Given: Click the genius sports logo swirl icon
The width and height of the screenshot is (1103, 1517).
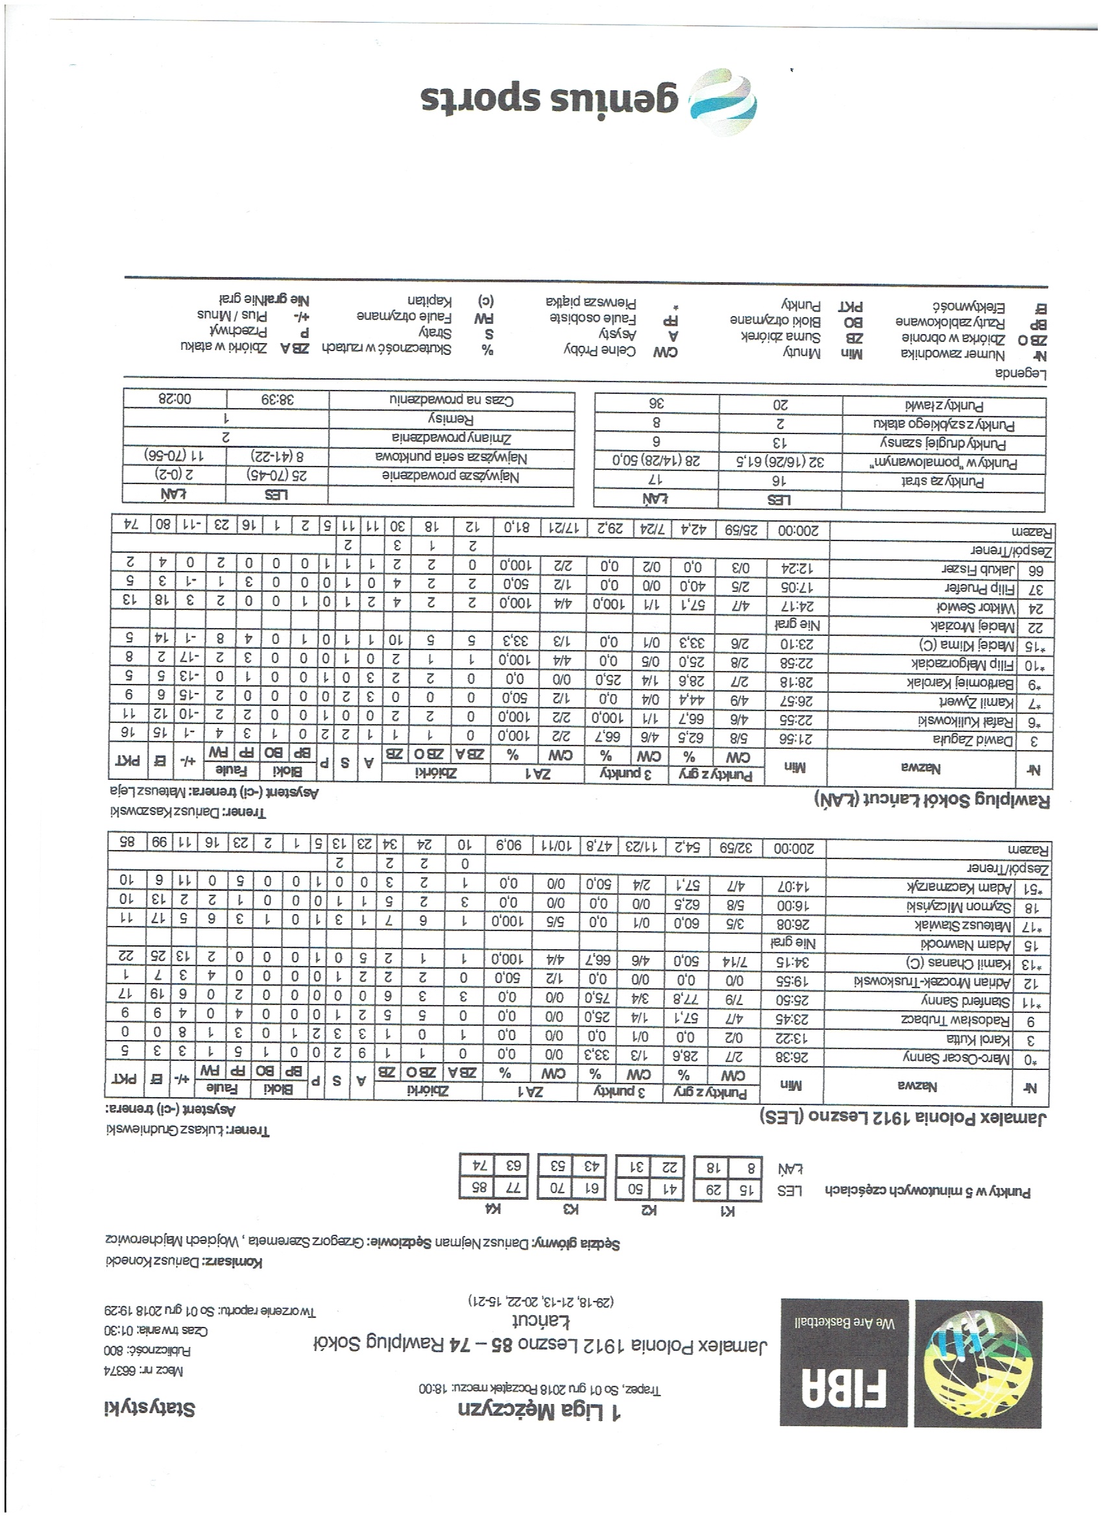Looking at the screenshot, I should click(x=723, y=103).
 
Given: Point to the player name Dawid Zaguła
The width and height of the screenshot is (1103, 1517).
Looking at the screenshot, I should click(x=973, y=740).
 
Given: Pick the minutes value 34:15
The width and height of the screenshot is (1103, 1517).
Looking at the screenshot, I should click(x=794, y=963).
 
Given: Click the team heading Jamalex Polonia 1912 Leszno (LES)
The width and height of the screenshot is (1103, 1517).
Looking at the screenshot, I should click(x=903, y=1117).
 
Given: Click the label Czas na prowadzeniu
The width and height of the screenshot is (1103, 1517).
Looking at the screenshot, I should click(x=452, y=400).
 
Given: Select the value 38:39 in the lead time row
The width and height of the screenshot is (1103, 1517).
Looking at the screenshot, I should click(x=278, y=400).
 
